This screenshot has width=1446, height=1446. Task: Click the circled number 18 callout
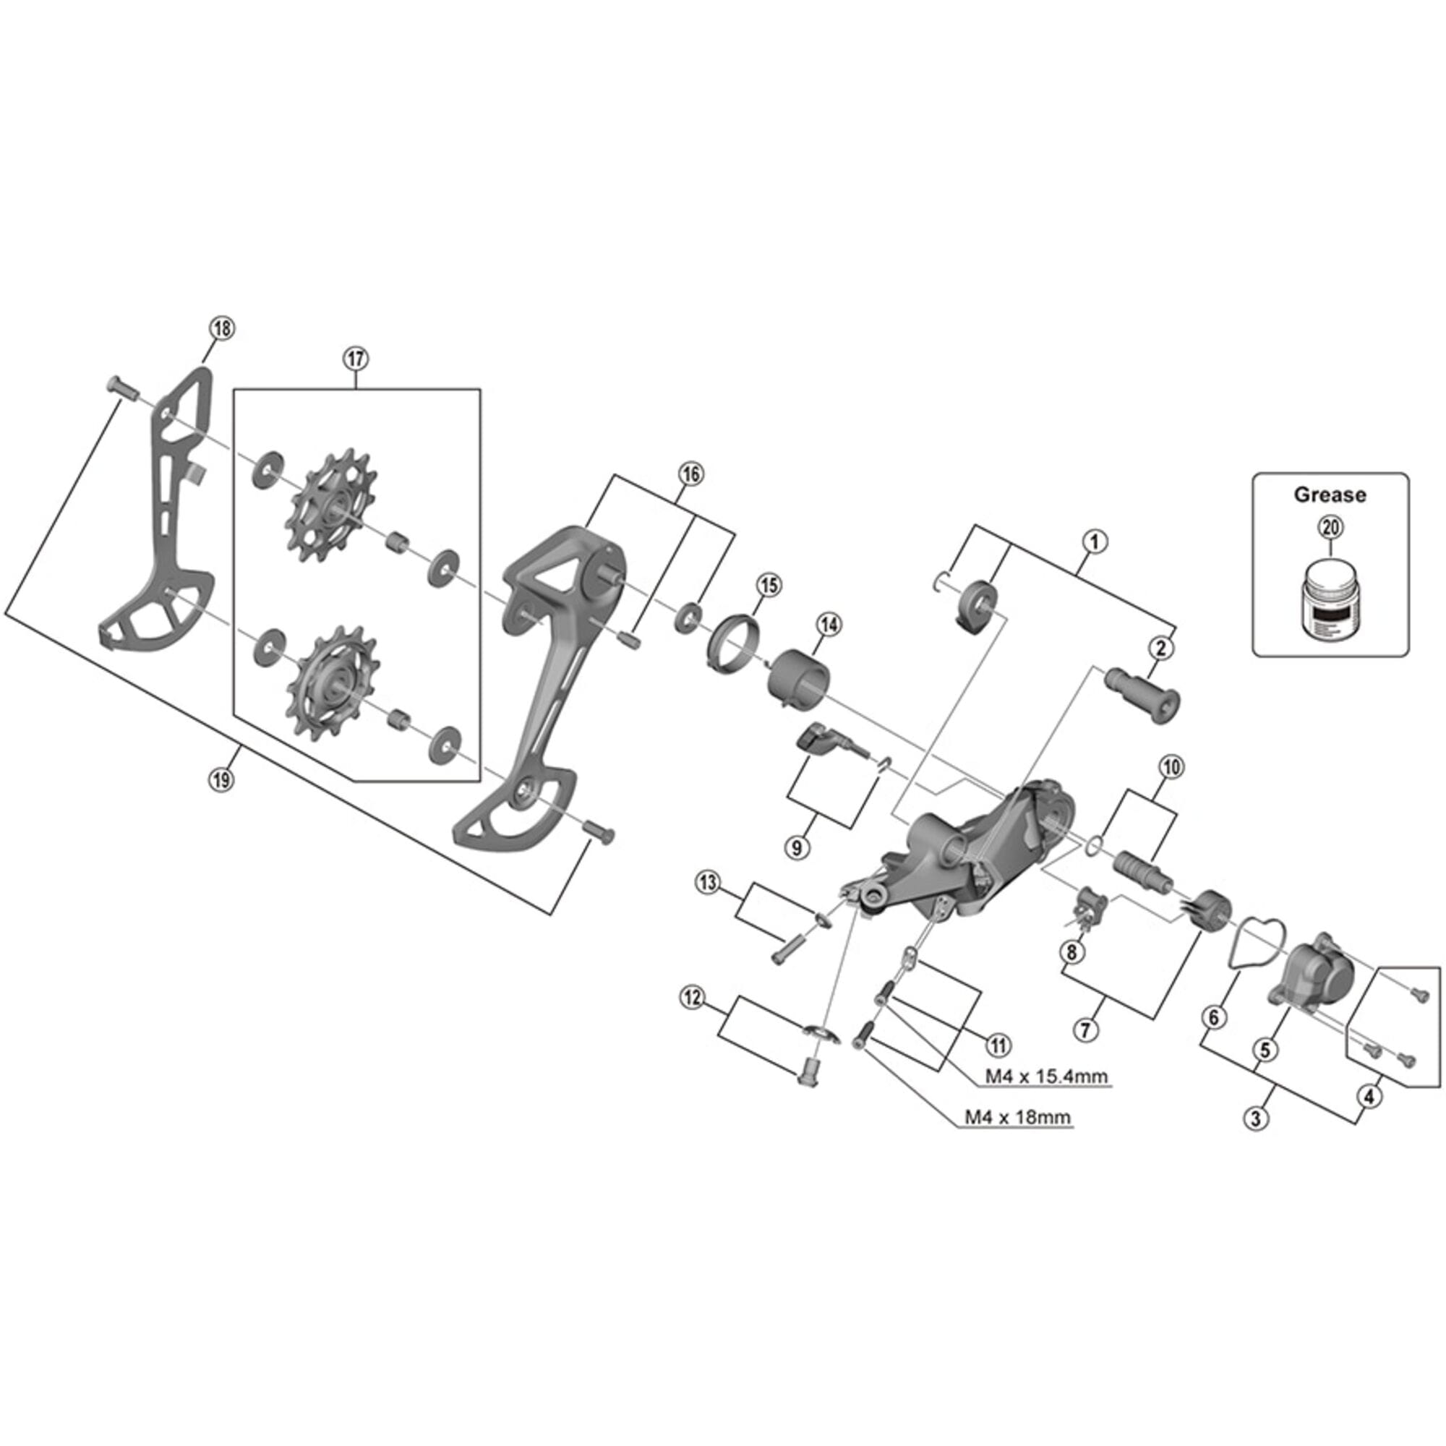pyautogui.click(x=222, y=328)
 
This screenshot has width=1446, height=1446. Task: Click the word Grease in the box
pyautogui.click(x=1330, y=495)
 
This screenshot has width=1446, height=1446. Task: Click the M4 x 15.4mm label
pyautogui.click(x=1045, y=1077)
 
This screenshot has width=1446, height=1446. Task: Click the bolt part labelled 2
pyautogui.click(x=1143, y=694)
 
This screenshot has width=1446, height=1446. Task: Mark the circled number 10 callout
pyautogui.click(x=1171, y=767)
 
